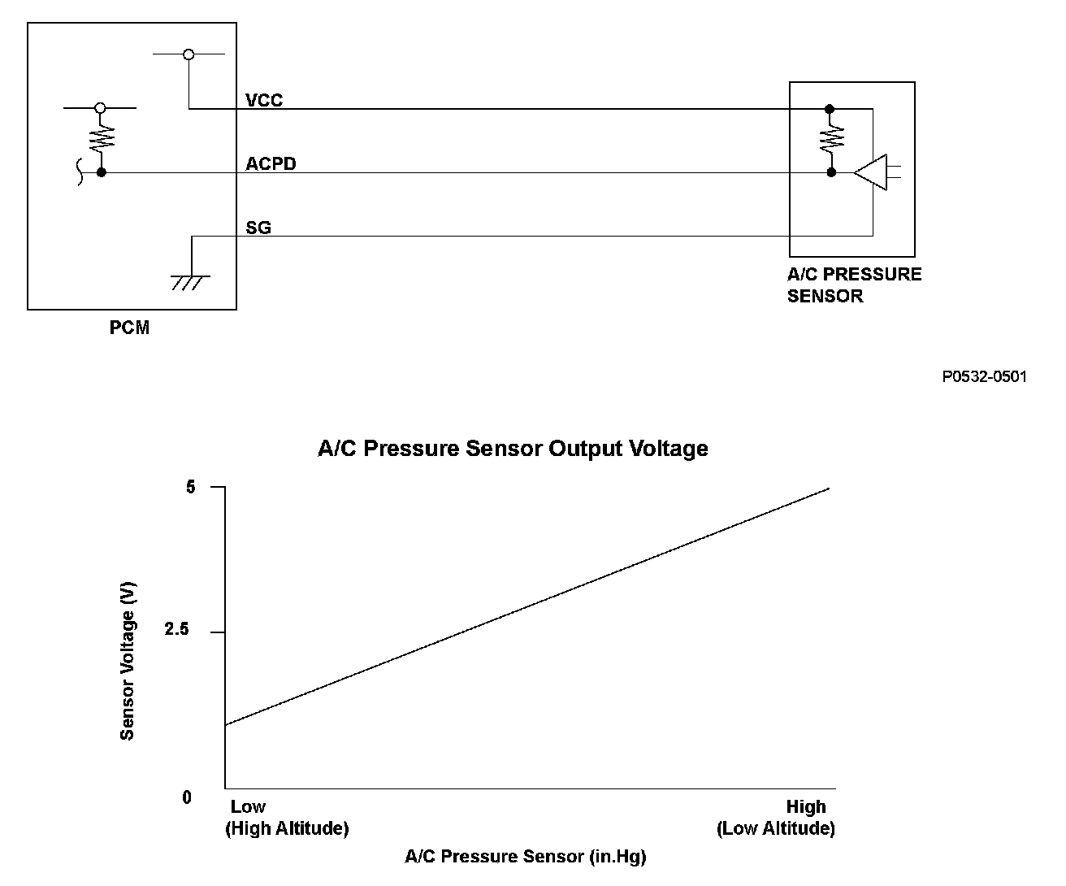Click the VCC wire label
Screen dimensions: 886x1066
pos(264,100)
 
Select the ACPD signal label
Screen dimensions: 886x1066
pos(271,163)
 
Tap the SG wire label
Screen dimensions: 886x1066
pos(258,228)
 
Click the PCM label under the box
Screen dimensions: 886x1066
pos(130,328)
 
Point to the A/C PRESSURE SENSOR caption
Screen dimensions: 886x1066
pos(854,284)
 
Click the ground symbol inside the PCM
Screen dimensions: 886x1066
pos(191,281)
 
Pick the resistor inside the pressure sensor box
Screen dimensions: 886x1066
pos(830,140)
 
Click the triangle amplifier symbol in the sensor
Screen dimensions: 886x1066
pos(871,172)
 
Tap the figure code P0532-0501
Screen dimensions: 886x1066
pos(985,376)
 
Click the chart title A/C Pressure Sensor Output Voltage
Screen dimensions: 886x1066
pos(513,449)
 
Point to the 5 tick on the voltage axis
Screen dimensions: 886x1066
pos(191,487)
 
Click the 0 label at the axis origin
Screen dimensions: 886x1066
pos(187,797)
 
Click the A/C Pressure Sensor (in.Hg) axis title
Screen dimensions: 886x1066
pos(526,856)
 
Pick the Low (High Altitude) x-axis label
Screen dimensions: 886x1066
pos(286,818)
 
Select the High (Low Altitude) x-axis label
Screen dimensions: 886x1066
pos(776,818)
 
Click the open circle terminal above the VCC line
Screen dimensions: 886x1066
pos(188,54)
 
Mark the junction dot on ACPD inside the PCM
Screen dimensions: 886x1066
pos(102,172)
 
